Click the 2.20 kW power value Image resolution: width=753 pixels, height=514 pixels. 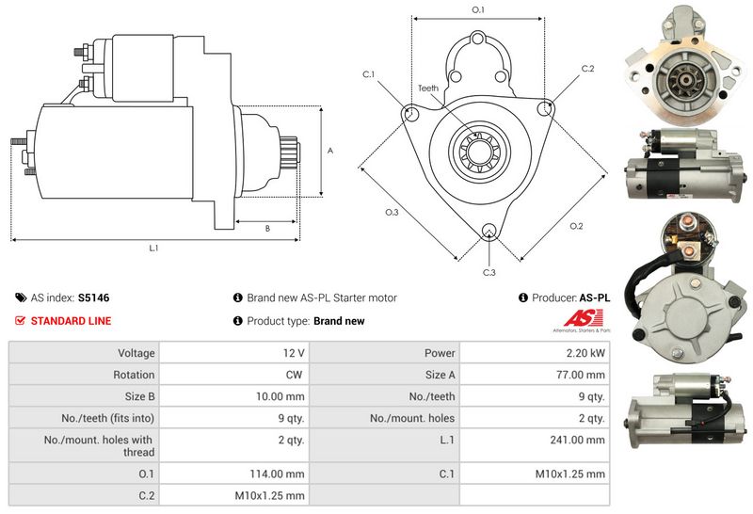(x=585, y=353)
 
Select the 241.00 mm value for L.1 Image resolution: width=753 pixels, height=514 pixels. (x=577, y=440)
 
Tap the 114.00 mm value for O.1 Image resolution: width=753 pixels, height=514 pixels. (x=277, y=474)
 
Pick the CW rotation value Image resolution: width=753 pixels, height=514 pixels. (x=294, y=375)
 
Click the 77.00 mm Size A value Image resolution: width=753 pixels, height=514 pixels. (x=581, y=375)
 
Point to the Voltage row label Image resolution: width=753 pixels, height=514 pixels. (x=136, y=353)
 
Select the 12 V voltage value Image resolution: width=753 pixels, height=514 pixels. (x=294, y=353)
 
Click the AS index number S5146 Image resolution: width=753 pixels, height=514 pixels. (x=93, y=297)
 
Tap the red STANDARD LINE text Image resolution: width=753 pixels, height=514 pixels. (x=72, y=321)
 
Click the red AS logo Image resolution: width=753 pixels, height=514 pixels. (x=583, y=318)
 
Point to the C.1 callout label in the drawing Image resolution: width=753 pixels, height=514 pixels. (x=368, y=74)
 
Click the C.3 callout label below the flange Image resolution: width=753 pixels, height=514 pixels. (x=489, y=273)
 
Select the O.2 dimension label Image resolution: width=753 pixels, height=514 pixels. (x=576, y=226)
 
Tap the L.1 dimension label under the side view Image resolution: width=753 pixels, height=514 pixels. (x=153, y=249)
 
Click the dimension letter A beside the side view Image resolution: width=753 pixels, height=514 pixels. (x=330, y=151)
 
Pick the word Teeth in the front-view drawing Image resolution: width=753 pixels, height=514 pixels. (x=428, y=88)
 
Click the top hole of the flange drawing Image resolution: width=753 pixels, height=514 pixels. (x=478, y=38)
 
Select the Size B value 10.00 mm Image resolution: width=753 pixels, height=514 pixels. (x=280, y=396)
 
